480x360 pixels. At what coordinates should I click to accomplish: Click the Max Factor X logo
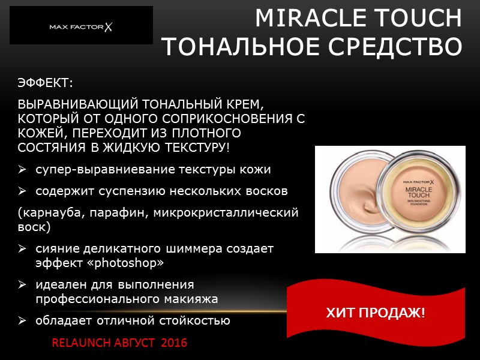pyautogui.click(x=82, y=26)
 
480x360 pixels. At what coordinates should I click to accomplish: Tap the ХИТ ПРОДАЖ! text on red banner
pyautogui.click(x=375, y=313)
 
